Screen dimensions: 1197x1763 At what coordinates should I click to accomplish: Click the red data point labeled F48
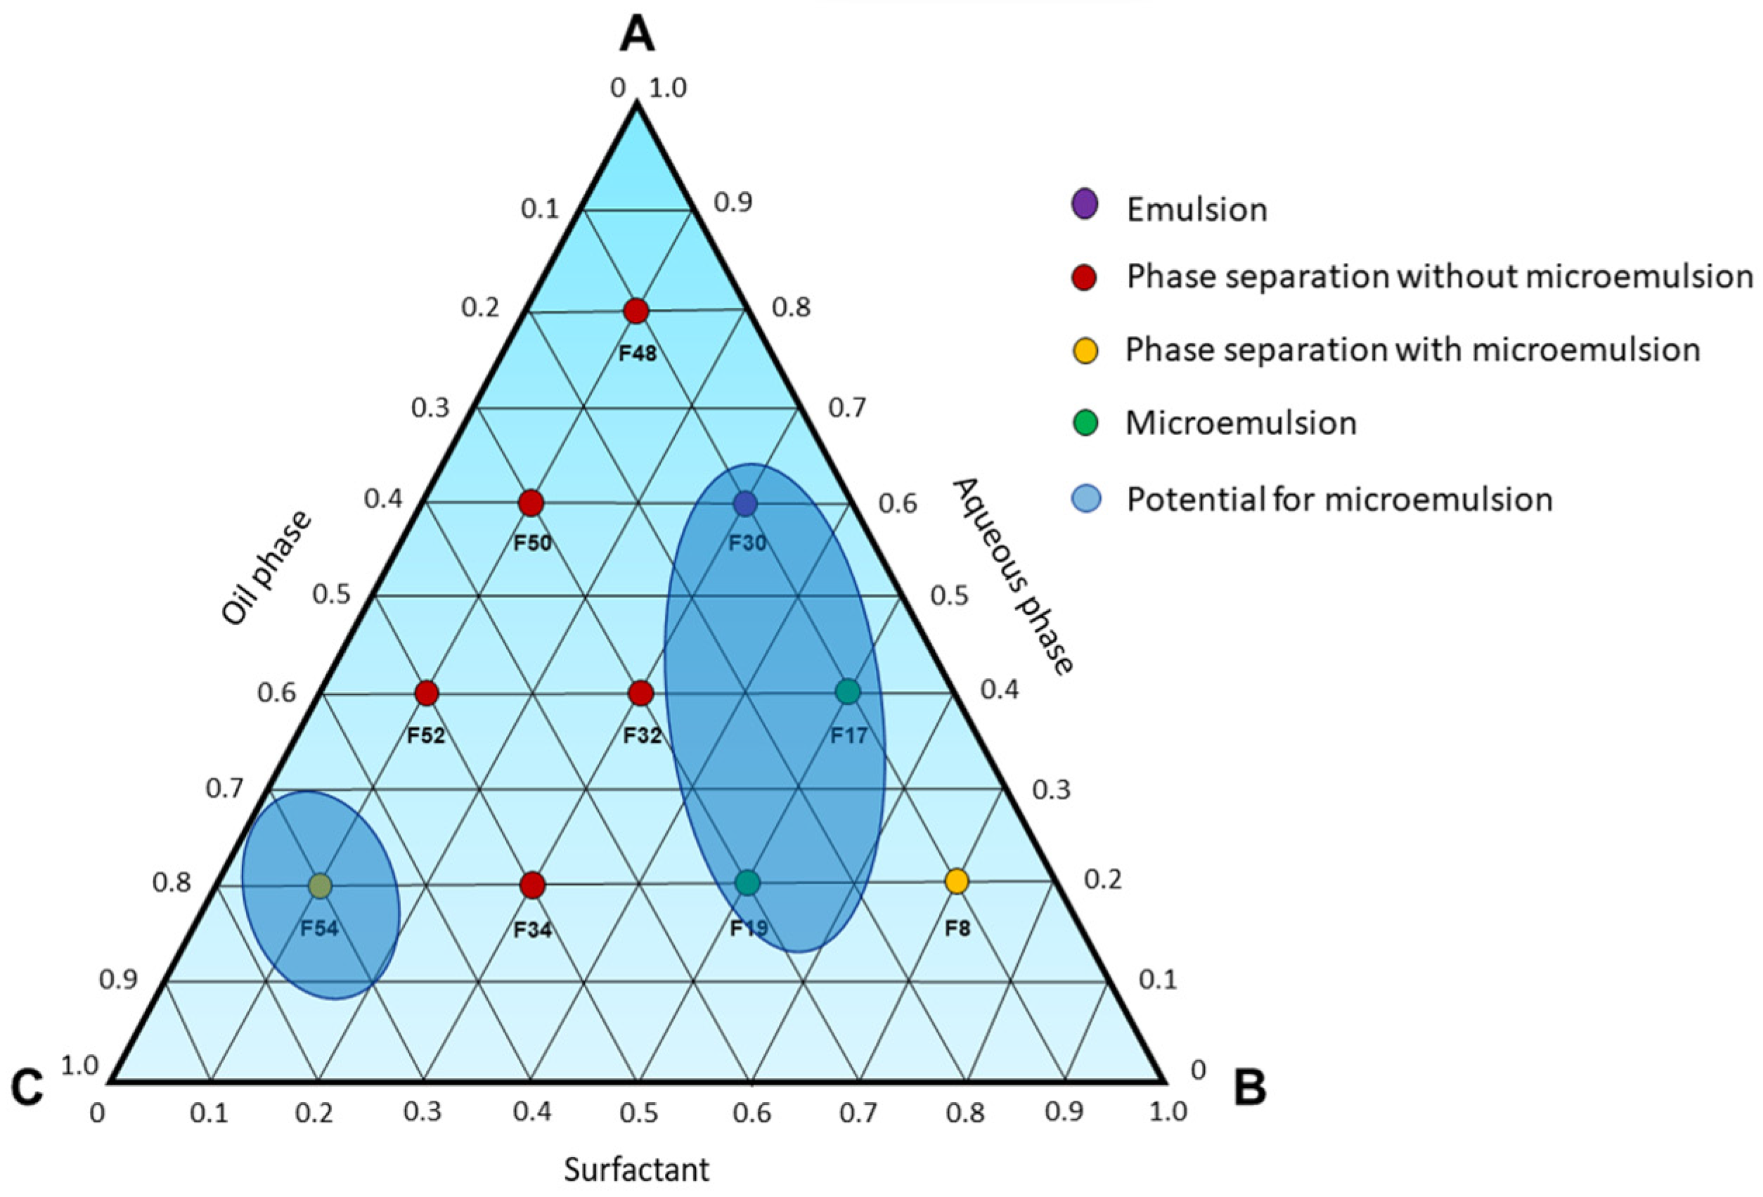coord(635,311)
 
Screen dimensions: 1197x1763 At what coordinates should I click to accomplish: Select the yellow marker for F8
coord(957,881)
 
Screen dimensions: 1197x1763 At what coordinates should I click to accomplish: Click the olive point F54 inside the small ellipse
coord(320,885)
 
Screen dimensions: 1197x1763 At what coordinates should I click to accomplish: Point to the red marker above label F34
coord(533,884)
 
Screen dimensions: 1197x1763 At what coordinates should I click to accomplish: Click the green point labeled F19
coord(748,882)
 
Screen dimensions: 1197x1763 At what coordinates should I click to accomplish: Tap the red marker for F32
coord(641,692)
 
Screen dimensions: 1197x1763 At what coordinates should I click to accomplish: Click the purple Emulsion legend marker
coord(1085,205)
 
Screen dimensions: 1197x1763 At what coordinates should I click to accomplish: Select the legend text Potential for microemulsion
coord(1339,500)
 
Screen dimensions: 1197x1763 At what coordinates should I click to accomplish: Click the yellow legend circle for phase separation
coord(1085,351)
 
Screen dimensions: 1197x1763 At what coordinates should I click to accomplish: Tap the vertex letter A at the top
coord(636,35)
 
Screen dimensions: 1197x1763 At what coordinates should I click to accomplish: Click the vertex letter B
coord(1249,1088)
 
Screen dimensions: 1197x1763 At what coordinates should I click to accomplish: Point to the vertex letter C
coord(27,1089)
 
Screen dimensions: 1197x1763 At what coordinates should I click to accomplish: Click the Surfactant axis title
coord(635,1169)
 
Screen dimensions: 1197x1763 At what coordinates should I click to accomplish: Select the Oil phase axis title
coord(266,567)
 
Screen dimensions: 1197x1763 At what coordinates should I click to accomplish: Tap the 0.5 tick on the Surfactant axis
coord(639,1113)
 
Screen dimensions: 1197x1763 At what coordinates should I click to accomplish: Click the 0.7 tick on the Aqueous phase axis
coord(846,408)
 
